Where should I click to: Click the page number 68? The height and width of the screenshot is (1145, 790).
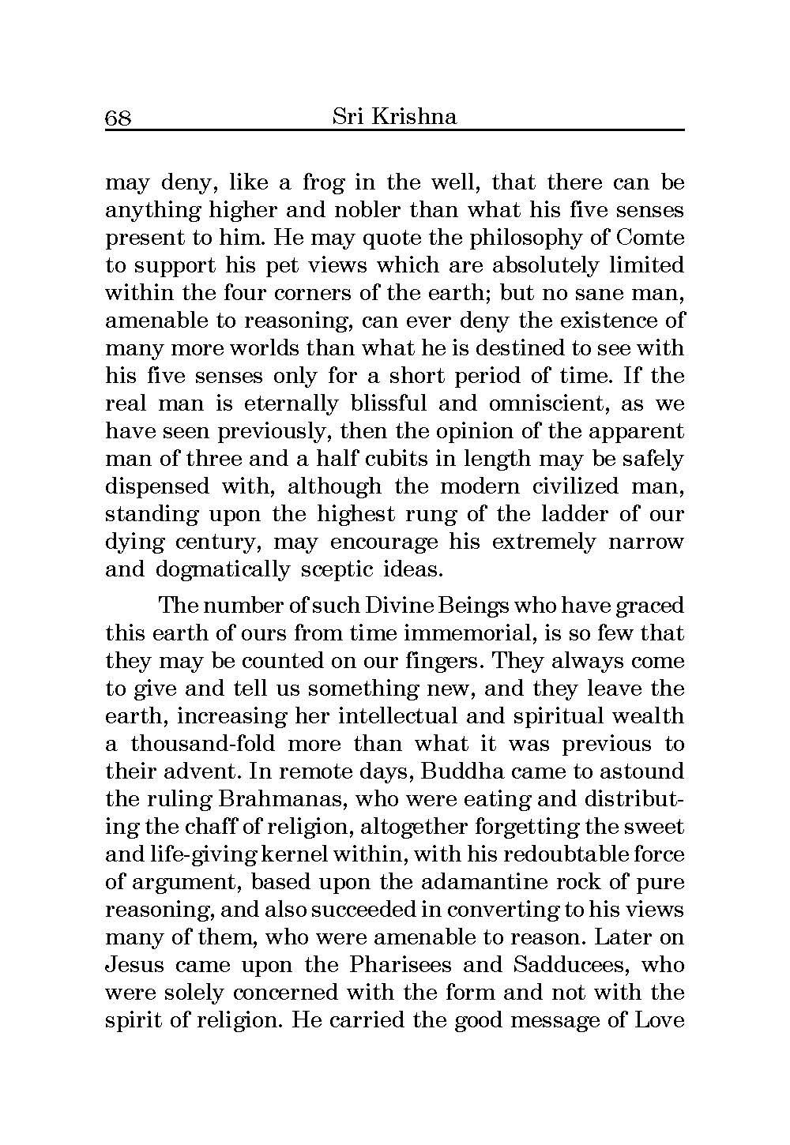[x=118, y=118]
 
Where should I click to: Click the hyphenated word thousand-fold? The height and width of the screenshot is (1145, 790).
[x=203, y=744]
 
